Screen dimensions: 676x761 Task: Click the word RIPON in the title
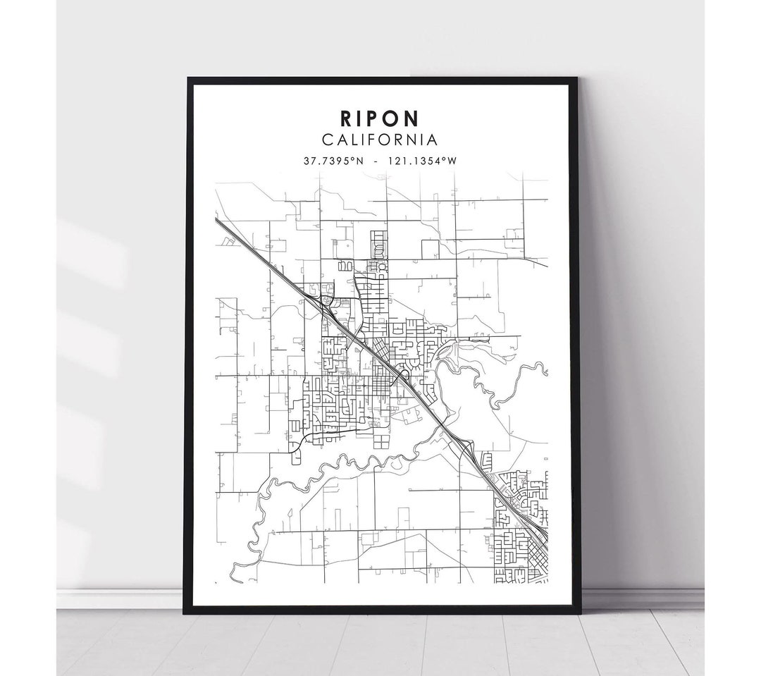point(380,117)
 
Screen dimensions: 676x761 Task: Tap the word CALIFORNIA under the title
point(380,140)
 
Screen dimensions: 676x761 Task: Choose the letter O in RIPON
point(395,117)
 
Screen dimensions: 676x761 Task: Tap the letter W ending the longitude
point(452,161)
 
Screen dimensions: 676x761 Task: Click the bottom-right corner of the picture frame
point(577,613)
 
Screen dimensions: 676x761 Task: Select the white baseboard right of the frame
point(641,598)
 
